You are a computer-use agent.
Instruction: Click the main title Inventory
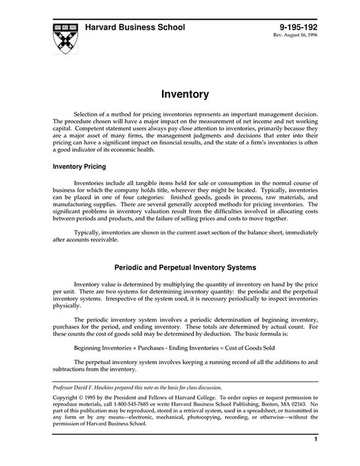(x=180, y=94)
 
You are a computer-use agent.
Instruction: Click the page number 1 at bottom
(x=315, y=457)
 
